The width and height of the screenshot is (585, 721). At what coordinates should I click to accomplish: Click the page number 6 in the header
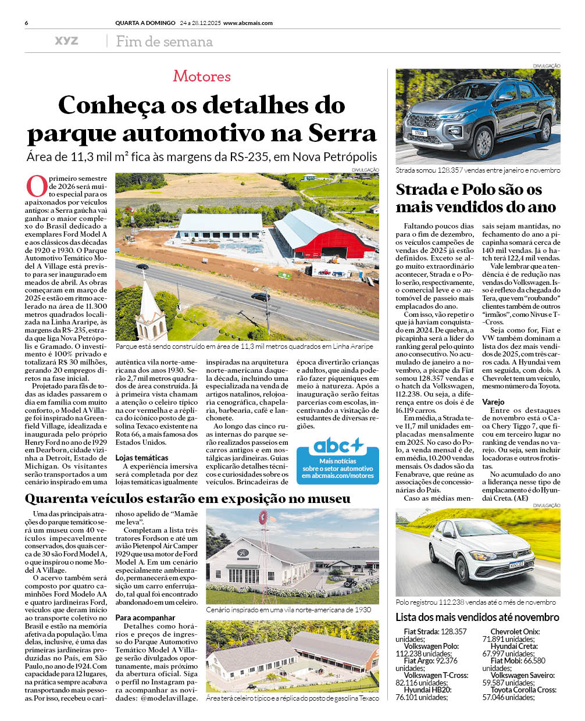27,23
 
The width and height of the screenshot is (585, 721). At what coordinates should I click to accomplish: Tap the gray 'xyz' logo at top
66,41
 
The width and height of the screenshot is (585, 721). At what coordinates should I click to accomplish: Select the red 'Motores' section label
202,76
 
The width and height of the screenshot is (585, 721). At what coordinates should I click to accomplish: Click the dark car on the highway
261,297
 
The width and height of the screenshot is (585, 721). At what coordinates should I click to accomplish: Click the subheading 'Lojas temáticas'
142,458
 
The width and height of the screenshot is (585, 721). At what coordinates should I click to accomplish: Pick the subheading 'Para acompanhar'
145,618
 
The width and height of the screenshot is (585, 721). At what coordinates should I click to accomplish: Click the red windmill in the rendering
265,517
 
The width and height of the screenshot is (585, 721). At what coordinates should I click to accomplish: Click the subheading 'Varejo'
493,402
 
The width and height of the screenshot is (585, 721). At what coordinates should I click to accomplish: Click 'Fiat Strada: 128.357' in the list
435,631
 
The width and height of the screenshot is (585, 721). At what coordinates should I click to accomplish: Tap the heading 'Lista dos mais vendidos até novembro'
477,618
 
